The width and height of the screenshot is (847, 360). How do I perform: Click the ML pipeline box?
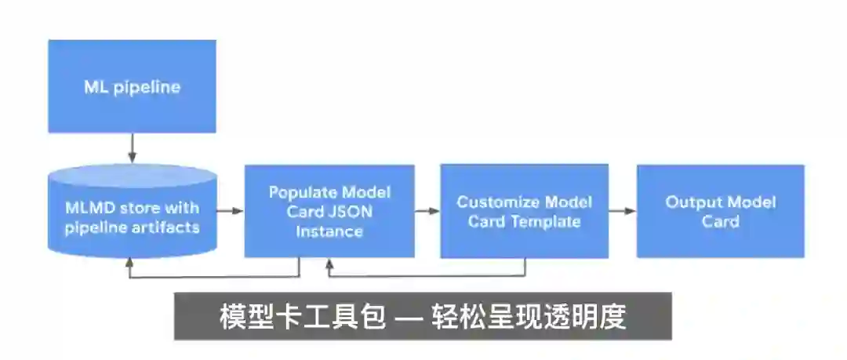[132, 87]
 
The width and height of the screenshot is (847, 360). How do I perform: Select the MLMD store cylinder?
[132, 212]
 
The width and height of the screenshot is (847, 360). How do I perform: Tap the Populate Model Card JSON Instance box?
[329, 211]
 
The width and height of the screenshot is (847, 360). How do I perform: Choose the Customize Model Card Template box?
[524, 211]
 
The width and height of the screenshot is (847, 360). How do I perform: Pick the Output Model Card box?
[720, 211]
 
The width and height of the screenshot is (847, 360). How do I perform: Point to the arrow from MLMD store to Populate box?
[230, 211]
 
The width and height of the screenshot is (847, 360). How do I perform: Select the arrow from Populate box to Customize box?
[427, 211]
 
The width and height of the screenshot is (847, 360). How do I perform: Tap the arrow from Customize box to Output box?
[622, 211]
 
